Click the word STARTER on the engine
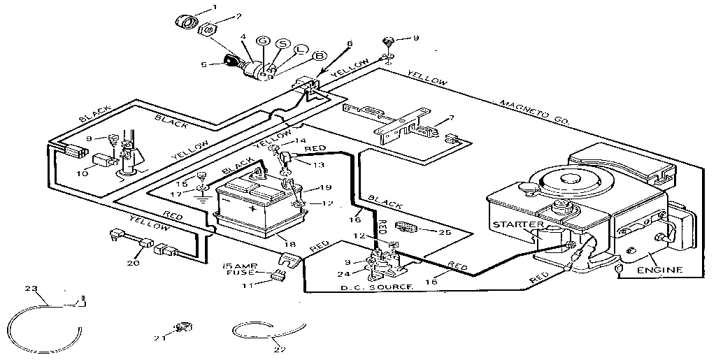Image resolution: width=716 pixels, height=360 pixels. [517, 224]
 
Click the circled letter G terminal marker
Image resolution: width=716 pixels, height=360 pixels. [263, 42]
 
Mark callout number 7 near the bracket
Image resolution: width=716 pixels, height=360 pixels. [451, 118]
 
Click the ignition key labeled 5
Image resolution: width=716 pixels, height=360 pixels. [232, 62]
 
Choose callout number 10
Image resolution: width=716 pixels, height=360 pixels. [82, 173]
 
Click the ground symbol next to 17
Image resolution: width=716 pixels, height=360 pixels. [202, 198]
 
